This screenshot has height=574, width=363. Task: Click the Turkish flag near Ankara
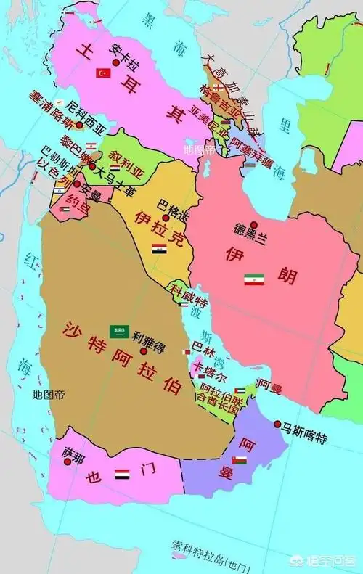104,73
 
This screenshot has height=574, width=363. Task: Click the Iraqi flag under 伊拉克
159,248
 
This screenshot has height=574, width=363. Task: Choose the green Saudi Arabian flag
119,332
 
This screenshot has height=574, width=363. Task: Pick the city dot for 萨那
70,461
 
